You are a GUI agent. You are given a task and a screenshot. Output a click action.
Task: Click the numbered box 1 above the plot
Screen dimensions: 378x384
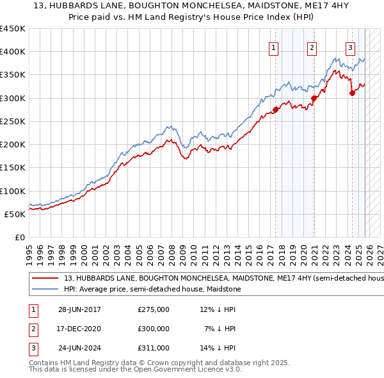pyautogui.click(x=274, y=47)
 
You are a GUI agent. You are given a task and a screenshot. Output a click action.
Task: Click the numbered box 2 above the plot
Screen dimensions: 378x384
pyautogui.click(x=312, y=47)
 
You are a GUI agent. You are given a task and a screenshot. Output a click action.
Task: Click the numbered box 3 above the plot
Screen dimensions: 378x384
pyautogui.click(x=351, y=47)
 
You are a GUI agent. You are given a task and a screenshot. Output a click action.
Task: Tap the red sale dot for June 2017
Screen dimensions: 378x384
pyautogui.click(x=276, y=110)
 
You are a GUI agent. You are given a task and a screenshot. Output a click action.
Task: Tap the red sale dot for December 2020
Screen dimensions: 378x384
pyautogui.click(x=314, y=98)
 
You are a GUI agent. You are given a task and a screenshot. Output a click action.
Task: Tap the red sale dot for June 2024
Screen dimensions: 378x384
pyautogui.click(x=352, y=93)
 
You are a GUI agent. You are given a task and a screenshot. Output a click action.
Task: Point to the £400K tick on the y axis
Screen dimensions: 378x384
pyautogui.click(x=13, y=52)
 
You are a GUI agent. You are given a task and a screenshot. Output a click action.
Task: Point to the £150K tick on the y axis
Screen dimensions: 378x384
pyautogui.click(x=13, y=167)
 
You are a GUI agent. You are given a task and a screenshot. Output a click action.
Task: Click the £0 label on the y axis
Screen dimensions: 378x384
pyautogui.click(x=19, y=237)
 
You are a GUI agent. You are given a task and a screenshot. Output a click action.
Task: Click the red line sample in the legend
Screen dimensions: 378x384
pyautogui.click(x=45, y=279)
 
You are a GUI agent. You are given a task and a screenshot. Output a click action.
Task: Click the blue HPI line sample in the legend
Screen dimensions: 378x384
pyautogui.click(x=45, y=290)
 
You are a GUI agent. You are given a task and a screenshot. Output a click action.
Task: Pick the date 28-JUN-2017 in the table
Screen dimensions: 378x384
pyautogui.click(x=79, y=309)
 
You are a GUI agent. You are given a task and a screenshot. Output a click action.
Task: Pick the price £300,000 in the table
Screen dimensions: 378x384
pyautogui.click(x=153, y=329)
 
